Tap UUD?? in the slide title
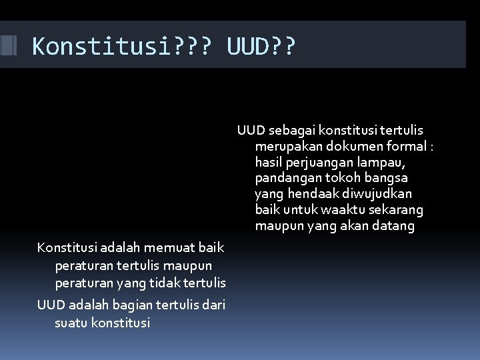coord(261,47)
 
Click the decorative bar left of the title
coord(8,45)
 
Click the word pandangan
coord(287,178)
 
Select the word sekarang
coord(397,210)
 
